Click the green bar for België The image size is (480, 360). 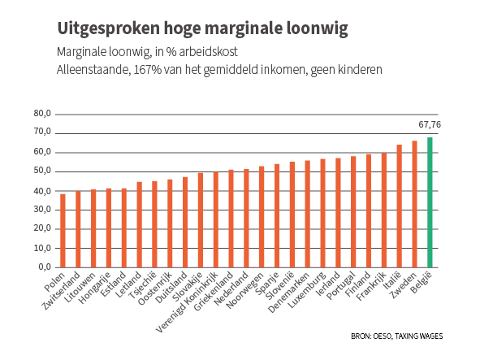tap(430, 202)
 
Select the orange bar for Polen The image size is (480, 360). tap(63, 231)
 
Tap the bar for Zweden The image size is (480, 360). tap(414, 204)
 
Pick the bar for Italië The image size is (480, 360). tap(399, 206)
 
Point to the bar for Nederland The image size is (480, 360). tap(246, 218)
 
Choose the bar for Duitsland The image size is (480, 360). tap(185, 222)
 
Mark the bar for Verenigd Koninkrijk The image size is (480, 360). tap(216, 219)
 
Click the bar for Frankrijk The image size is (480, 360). tap(384, 210)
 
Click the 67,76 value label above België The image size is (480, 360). tap(430, 124)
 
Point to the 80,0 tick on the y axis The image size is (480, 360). tap(42, 114)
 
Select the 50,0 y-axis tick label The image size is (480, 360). tap(42, 171)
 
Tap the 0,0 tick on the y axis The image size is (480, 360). tap(45, 267)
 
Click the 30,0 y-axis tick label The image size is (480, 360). tap(42, 210)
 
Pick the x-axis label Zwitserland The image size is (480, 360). tap(61, 291)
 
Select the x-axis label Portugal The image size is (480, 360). tap(341, 285)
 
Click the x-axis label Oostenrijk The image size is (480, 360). tap(155, 288)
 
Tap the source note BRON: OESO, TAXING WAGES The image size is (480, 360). tap(396, 336)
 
